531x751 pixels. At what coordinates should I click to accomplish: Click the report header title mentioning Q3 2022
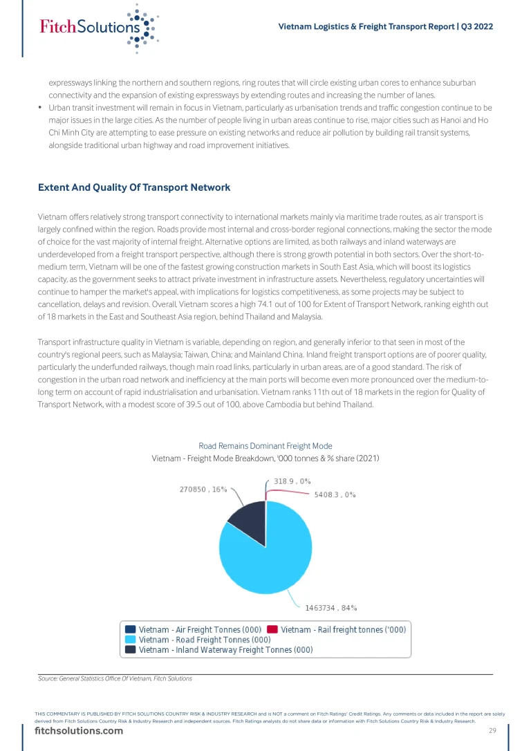click(x=385, y=27)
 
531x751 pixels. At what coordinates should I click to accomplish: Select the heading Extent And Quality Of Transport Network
click(x=134, y=187)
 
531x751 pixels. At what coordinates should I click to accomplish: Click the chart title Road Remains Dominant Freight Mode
click(x=265, y=446)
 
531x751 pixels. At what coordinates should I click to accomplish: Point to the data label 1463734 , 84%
click(x=331, y=608)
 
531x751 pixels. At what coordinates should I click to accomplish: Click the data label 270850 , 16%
click(x=203, y=489)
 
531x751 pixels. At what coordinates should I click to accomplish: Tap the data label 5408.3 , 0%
click(x=335, y=494)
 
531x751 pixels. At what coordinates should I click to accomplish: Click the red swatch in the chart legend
click(x=272, y=629)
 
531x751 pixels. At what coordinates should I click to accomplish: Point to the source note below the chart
click(x=115, y=678)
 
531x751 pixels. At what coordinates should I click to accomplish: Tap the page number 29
click(x=493, y=732)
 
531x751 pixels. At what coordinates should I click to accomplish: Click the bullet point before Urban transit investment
click(x=40, y=108)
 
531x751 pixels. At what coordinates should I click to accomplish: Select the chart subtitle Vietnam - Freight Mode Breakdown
click(x=265, y=458)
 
